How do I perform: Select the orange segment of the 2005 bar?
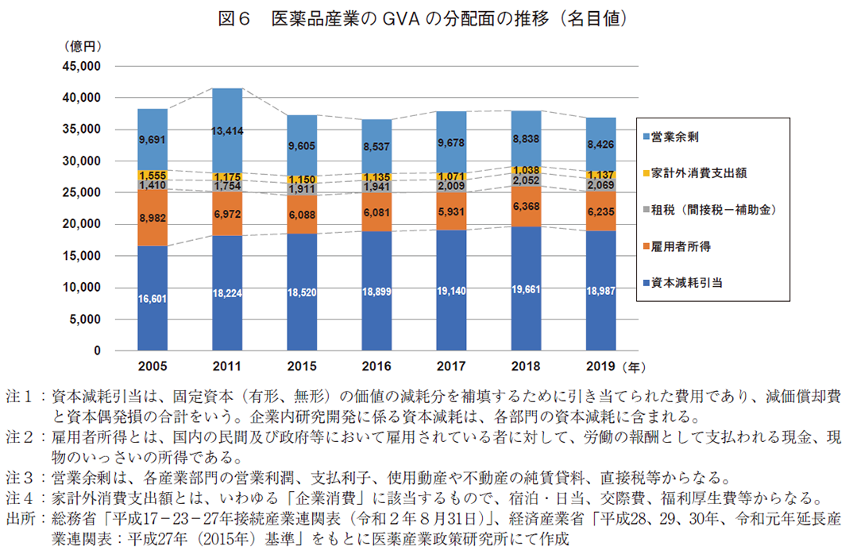[x=152, y=217]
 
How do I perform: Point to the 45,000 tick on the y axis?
[x=79, y=66]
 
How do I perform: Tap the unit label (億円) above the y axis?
[x=83, y=46]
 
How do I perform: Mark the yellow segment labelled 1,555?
[x=152, y=175]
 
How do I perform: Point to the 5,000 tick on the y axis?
[x=82, y=320]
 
